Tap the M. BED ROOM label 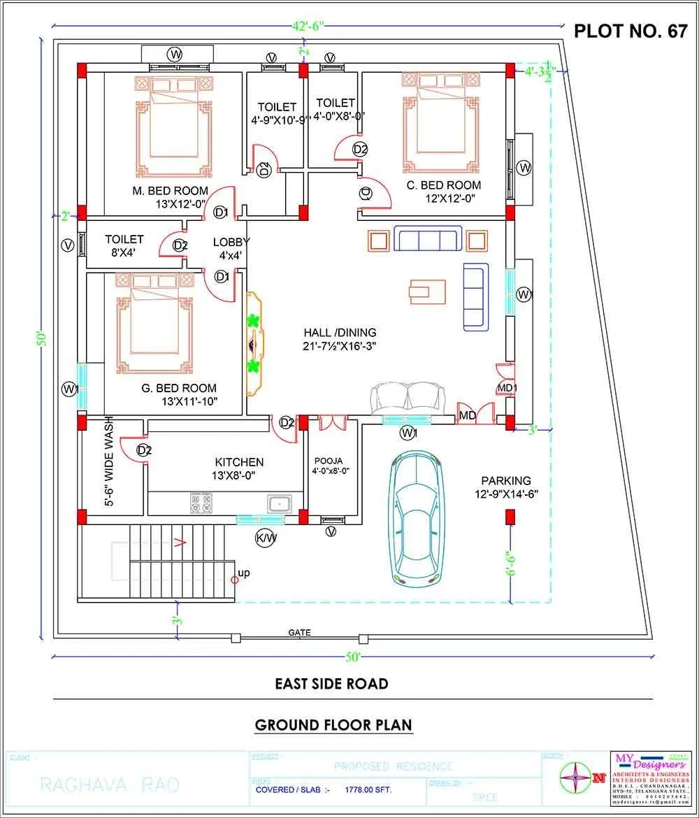point(171,191)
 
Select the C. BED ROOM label point(444,185)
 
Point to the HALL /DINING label point(340,333)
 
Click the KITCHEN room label point(239,462)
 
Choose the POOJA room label point(329,461)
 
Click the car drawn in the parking point(419,517)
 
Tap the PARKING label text point(505,481)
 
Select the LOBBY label point(231,242)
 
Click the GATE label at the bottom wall point(299,633)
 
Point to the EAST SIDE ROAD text point(331,684)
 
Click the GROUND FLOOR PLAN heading point(333,724)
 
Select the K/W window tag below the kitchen point(266,538)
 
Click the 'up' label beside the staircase point(244,573)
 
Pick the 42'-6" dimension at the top point(308,27)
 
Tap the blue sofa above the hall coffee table point(428,238)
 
